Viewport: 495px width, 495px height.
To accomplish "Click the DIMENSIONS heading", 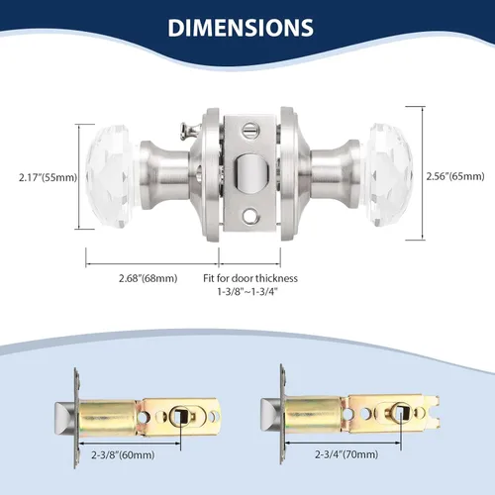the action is coord(241,28).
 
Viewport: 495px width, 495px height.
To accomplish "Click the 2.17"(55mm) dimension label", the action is coord(48,177).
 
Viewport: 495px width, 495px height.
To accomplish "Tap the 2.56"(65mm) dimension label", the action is coord(455,176).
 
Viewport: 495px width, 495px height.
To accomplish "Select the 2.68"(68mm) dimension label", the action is coord(148,278).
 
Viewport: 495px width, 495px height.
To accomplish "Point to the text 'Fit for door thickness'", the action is coord(250,278).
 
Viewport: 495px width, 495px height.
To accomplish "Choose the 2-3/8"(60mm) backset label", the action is coord(123,455).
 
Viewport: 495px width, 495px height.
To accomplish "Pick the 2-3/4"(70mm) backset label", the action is coord(346,454).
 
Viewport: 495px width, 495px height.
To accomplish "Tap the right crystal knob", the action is coord(389,175).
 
